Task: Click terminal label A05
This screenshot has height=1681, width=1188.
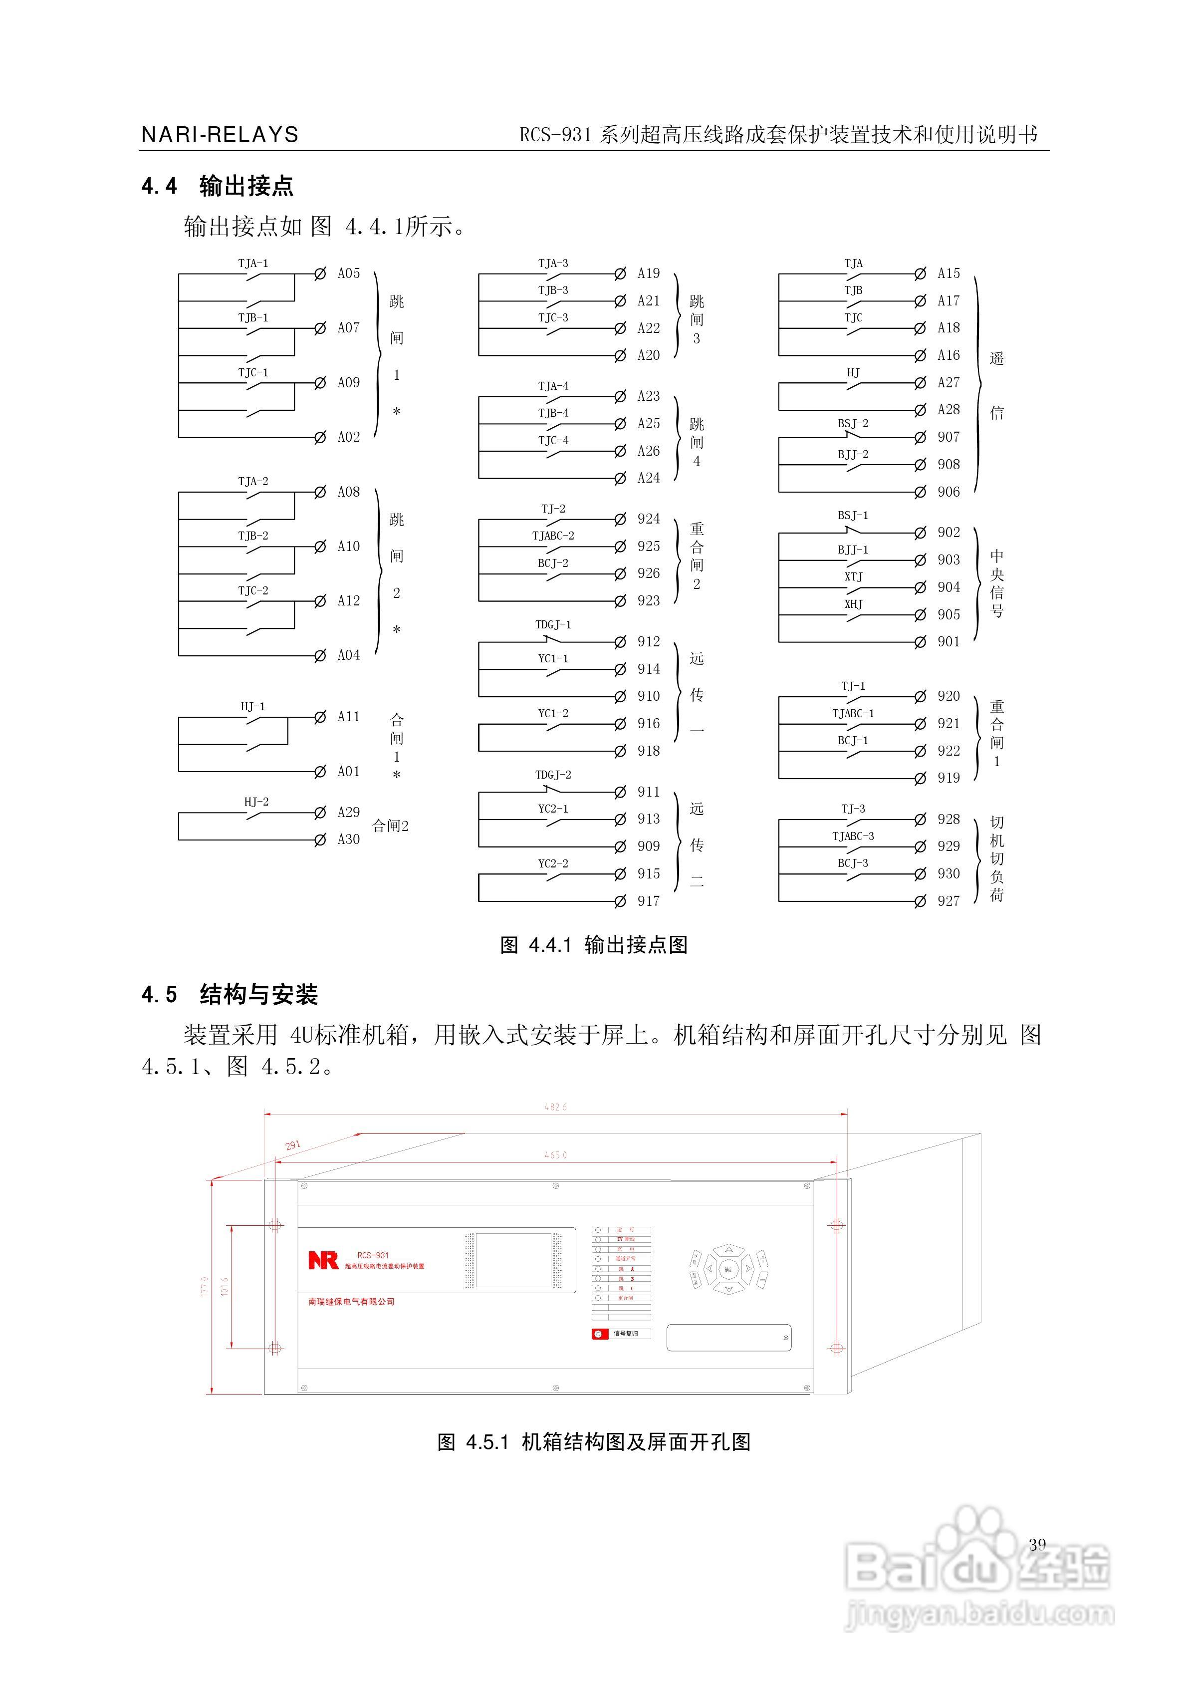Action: (x=348, y=273)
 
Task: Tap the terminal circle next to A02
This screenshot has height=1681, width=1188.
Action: (x=320, y=438)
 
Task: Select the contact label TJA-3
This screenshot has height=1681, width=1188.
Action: (x=553, y=263)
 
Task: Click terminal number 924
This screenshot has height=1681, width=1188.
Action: (x=649, y=519)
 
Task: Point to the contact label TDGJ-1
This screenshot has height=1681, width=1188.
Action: (x=553, y=624)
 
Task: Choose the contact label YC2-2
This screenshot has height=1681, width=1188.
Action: (x=553, y=863)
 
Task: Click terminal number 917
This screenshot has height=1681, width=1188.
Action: (x=649, y=901)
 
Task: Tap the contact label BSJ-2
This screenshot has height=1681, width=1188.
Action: (x=853, y=423)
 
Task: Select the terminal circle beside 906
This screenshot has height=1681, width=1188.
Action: (x=920, y=492)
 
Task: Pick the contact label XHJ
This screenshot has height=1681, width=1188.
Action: (x=853, y=604)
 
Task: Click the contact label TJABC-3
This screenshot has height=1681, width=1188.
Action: (x=853, y=836)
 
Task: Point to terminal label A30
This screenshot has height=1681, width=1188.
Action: (x=348, y=840)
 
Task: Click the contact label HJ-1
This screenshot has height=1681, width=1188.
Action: (x=252, y=707)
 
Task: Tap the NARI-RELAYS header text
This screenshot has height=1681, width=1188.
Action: (x=220, y=135)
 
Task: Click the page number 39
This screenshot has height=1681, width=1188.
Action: (x=1037, y=1544)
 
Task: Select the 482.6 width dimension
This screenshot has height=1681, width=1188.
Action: (x=555, y=1107)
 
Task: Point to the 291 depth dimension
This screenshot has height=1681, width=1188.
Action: (x=293, y=1145)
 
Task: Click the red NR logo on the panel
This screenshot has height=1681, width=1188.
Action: (x=323, y=1260)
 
